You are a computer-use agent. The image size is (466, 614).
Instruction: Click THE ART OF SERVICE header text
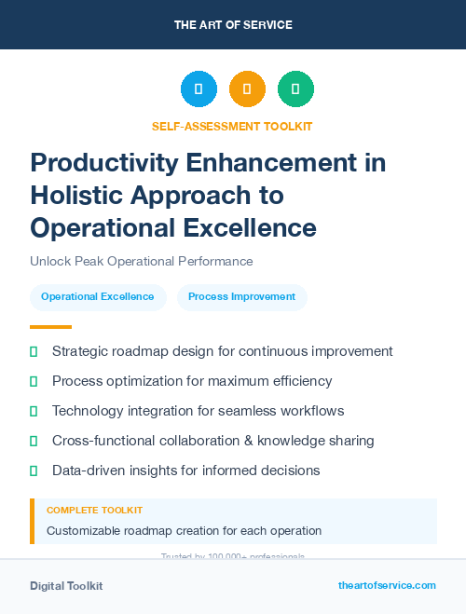[233, 25]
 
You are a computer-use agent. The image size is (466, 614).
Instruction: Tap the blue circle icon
[199, 89]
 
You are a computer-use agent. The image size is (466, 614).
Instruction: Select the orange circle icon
[247, 89]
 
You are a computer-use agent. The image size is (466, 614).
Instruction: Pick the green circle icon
[295, 89]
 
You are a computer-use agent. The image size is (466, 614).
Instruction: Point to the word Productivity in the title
[100, 162]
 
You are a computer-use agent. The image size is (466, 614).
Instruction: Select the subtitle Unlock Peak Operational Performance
[141, 262]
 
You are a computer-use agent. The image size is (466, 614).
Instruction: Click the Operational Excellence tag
[98, 297]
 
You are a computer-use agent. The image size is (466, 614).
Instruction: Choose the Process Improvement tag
[241, 297]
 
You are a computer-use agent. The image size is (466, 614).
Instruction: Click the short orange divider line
[50, 327]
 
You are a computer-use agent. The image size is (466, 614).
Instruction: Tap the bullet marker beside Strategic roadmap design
[34, 352]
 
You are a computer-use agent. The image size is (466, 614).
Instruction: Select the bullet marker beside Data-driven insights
[34, 471]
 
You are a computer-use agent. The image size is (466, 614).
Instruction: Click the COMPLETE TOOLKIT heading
[95, 511]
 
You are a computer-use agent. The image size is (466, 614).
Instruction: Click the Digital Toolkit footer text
[66, 586]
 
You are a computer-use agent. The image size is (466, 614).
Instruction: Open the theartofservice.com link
[387, 585]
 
